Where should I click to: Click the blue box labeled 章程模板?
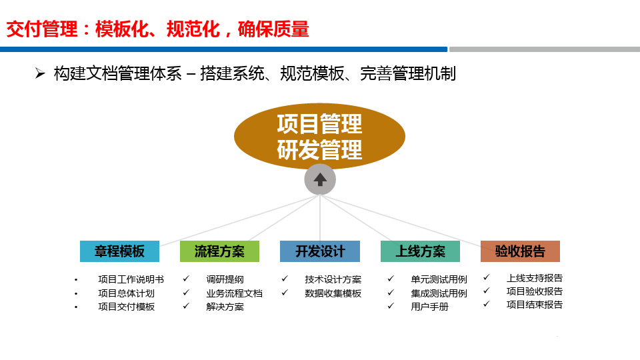[119, 251]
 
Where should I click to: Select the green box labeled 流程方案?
[219, 251]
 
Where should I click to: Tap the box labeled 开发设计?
[320, 251]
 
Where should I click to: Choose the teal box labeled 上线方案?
[420, 251]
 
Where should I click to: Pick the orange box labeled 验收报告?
[520, 251]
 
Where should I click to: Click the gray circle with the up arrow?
[320, 179]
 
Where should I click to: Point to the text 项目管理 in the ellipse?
[320, 124]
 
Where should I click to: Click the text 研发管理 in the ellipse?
[320, 150]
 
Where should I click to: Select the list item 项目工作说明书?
[131, 279]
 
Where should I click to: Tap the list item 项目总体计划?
[126, 293]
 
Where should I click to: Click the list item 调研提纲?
[225, 279]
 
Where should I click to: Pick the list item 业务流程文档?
[234, 293]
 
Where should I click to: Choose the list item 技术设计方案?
[333, 279]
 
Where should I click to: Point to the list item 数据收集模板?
[333, 293]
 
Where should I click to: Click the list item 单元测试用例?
[439, 279]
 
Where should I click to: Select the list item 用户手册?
[429, 307]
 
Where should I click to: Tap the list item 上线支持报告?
[535, 278]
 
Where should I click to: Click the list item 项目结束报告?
[535, 305]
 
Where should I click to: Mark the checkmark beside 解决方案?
[186, 306]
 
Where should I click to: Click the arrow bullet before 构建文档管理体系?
[40, 73]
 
